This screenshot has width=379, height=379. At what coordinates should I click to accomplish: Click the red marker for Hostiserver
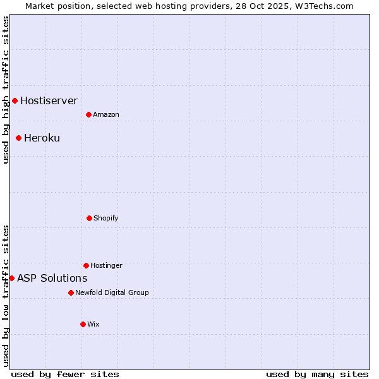coord(15,100)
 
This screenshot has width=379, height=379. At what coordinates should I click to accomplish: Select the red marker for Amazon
coord(88,114)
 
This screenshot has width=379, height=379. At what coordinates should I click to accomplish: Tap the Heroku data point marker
coord(18,138)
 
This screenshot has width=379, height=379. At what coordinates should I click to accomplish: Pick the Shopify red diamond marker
coord(89,218)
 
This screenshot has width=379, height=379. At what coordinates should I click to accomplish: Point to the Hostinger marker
coord(86,265)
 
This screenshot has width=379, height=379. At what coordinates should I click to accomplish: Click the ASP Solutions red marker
coord(11,278)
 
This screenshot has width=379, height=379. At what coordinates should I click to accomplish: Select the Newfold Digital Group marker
coord(71,292)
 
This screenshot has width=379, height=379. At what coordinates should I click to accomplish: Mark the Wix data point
coord(83,324)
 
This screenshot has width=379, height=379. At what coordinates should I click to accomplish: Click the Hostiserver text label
coord(49,100)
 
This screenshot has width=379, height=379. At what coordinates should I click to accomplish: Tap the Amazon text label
coord(105,114)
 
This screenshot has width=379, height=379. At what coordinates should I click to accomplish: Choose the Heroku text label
coord(42,138)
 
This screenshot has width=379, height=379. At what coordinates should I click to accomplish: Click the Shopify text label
coord(105,218)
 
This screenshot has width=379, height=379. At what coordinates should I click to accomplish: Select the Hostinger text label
coord(106,265)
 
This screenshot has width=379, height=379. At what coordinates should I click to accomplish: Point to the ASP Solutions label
coord(52,278)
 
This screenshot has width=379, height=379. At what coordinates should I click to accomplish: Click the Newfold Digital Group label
coord(112,292)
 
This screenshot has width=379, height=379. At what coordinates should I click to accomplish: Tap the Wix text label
coord(93,324)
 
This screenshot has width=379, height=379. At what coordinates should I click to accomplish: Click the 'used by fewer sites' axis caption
coord(65,374)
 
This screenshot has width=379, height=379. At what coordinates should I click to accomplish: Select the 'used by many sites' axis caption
coord(317,374)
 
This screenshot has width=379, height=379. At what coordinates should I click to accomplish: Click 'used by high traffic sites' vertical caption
coord(6,90)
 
